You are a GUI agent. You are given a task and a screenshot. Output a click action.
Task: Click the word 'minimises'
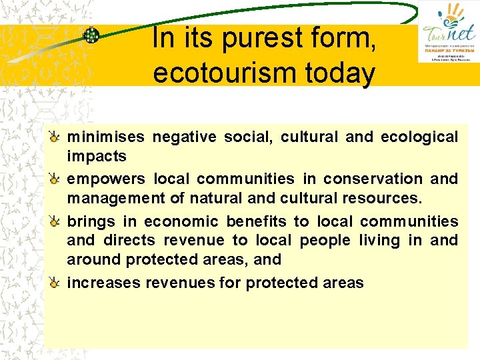click(105, 137)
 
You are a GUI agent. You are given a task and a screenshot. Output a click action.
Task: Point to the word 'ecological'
click(419, 137)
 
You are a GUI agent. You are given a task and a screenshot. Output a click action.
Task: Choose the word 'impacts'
click(96, 156)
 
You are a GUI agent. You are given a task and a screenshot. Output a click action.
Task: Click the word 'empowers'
click(105, 179)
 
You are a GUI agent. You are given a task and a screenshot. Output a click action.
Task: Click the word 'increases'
click(104, 283)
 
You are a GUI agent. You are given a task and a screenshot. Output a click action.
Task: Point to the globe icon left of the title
click(91, 35)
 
